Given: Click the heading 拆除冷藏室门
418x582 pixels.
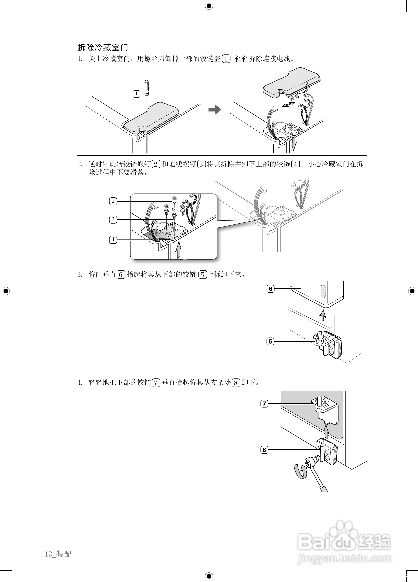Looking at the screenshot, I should tap(103, 48).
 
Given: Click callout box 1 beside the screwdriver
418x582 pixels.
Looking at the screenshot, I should tap(136, 94).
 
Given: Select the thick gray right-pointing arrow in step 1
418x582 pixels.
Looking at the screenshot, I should tap(215, 110).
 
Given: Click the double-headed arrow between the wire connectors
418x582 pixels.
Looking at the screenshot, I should tap(289, 104).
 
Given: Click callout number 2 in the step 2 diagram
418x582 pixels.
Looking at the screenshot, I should tap(113, 201).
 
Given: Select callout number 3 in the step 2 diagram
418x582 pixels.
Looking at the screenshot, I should tap(113, 219).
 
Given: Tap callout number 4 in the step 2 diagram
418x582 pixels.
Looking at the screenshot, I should tap(113, 240).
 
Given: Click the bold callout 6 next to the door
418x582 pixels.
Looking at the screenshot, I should tap(270, 289).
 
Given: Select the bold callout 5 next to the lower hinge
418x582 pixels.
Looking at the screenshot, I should tap(270, 342).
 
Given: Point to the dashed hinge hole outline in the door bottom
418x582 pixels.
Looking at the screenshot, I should tap(323, 291).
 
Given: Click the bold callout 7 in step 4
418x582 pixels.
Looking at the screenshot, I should tap(264, 404).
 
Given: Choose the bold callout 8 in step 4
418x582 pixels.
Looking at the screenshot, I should tap(264, 450).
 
